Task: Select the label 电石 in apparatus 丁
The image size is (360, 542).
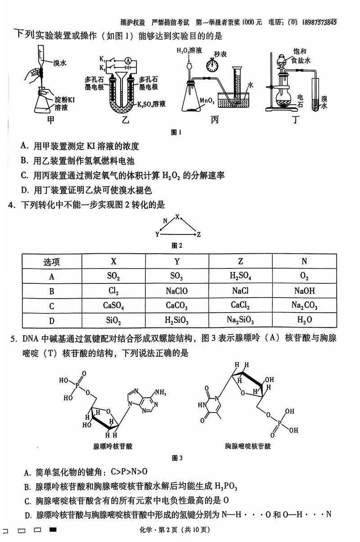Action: click(x=301, y=101)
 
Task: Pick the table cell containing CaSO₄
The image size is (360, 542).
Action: click(x=113, y=306)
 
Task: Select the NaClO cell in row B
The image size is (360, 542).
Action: click(x=177, y=291)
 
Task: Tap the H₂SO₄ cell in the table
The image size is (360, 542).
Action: click(x=240, y=276)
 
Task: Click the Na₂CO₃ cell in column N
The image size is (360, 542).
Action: click(x=305, y=306)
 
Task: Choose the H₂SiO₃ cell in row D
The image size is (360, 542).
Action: click(x=177, y=320)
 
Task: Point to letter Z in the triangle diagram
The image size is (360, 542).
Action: click(x=198, y=234)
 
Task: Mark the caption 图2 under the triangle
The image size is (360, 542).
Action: click(x=177, y=246)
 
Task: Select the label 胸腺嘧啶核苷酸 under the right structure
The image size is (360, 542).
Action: click(x=248, y=446)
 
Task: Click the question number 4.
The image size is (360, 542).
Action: click(x=10, y=205)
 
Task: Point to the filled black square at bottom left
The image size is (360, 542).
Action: click(x=53, y=530)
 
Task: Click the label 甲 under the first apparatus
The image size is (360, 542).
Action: click(x=51, y=121)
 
